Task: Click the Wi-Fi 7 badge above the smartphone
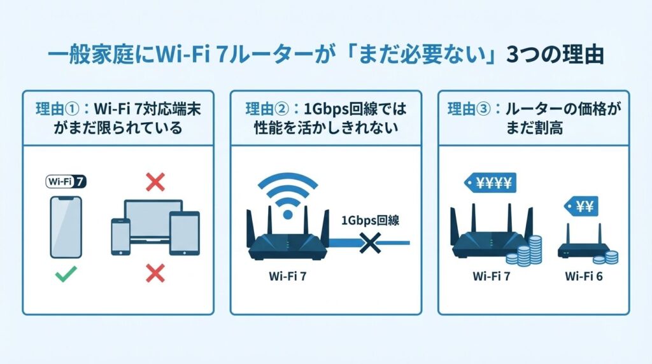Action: click(67, 181)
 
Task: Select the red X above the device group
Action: click(155, 183)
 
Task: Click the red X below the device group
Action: click(155, 274)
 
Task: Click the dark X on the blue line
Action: click(369, 242)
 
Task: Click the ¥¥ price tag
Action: click(580, 207)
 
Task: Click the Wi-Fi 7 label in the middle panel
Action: click(287, 277)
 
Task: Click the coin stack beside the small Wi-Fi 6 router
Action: click(609, 256)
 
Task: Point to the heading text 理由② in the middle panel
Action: click(263, 109)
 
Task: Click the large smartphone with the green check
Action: click(66, 226)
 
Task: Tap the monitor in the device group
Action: click(153, 220)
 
